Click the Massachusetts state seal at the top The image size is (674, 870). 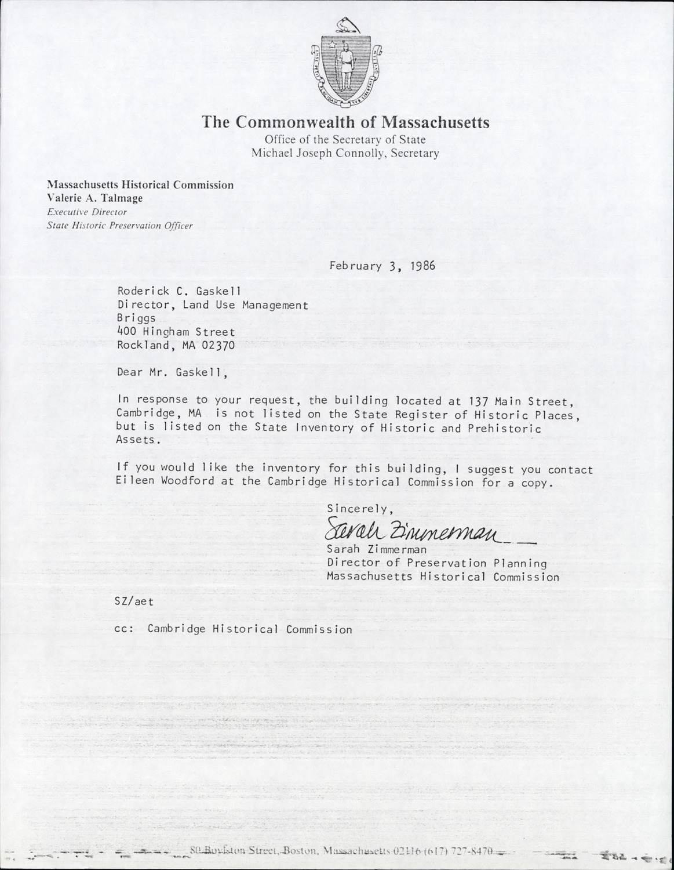(345, 64)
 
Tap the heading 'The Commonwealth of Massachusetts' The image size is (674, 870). (345, 123)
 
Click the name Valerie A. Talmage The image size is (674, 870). (95, 198)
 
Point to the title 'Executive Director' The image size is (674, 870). (87, 212)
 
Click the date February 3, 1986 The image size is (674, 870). (382, 266)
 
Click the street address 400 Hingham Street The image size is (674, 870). (176, 332)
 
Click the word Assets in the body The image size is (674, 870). (136, 440)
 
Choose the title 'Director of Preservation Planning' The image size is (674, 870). (437, 563)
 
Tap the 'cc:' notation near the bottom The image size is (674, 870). (125, 629)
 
